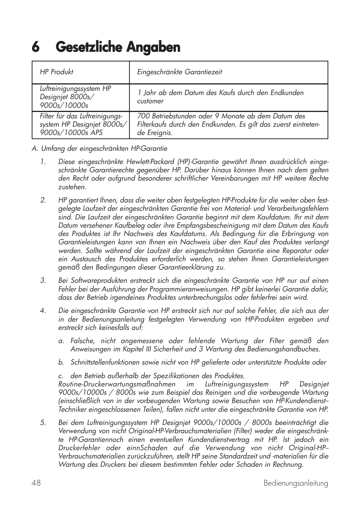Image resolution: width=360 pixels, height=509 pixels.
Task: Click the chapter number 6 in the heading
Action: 35,47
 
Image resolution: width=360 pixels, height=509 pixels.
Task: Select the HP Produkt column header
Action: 57,72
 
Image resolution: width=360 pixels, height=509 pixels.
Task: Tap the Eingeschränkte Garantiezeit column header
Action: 180,72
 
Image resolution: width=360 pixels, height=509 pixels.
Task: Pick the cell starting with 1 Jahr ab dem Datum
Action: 220,97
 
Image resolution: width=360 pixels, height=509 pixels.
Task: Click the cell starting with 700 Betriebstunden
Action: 228,124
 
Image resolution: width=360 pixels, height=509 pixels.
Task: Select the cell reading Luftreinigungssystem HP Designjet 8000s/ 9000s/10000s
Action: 75,97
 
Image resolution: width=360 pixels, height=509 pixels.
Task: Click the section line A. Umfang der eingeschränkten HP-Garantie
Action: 99,149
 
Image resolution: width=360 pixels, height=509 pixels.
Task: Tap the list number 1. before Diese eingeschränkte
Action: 43,162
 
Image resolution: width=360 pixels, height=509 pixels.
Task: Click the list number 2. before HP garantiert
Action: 43,200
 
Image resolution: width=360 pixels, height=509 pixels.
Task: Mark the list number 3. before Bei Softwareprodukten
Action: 43,281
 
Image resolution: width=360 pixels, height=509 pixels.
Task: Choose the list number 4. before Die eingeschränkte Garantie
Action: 43,311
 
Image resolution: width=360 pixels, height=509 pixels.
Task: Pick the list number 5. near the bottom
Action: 43,423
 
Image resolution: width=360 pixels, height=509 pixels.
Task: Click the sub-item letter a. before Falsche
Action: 61,341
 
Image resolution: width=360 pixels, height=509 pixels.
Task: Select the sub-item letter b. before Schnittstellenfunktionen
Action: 61,362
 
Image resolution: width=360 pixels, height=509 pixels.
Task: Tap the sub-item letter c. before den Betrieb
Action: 61,376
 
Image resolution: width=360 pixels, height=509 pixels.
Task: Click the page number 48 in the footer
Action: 36,483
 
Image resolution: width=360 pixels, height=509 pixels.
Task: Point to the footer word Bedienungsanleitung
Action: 296,483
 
